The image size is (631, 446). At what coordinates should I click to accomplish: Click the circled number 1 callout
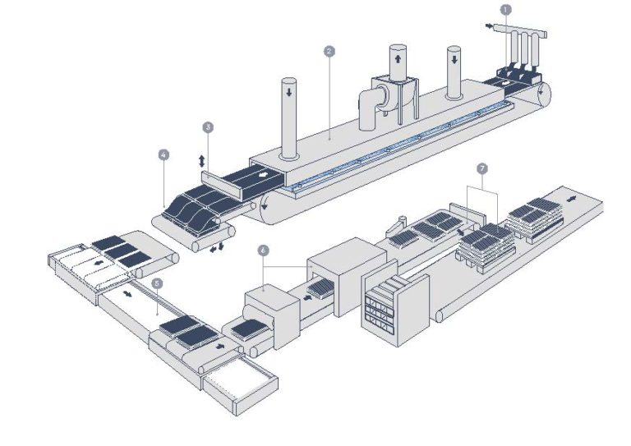coord(505,9)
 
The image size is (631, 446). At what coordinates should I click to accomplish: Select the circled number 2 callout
coord(329,51)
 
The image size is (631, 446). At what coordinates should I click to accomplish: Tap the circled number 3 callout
coord(208,127)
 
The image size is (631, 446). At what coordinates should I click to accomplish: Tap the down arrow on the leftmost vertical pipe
coord(288,94)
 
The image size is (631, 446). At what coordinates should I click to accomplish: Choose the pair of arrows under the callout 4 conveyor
coord(217,246)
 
